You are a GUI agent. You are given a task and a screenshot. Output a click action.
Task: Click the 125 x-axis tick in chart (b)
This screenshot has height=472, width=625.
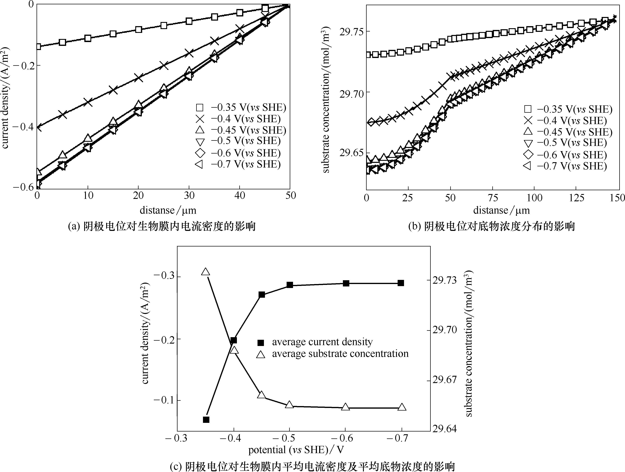[x=576, y=198]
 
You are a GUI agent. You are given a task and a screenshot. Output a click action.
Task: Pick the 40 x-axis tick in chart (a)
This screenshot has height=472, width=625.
[x=240, y=195]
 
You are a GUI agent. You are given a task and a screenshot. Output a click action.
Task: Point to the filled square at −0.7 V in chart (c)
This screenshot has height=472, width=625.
[x=401, y=283]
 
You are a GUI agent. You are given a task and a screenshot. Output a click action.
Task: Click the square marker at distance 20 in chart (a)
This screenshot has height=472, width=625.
[x=138, y=30]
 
